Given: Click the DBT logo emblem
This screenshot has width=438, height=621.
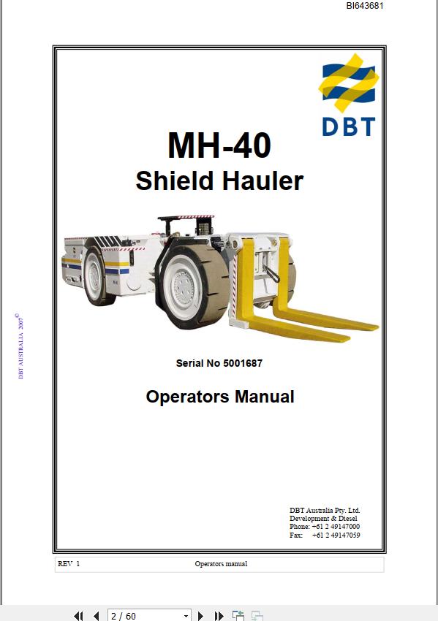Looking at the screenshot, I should click(x=348, y=83).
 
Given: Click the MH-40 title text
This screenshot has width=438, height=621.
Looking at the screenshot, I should click(x=219, y=145).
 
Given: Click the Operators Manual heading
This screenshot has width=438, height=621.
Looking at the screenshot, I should click(x=220, y=397).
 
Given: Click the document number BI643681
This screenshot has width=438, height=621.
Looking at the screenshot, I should click(x=364, y=6).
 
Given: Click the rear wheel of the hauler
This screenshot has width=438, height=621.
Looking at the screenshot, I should click(x=95, y=275).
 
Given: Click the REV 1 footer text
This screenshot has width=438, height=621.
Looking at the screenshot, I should click(x=69, y=564).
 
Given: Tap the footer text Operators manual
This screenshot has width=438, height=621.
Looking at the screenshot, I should click(x=221, y=564).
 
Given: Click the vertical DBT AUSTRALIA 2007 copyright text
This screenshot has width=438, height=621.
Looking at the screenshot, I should click(x=21, y=346).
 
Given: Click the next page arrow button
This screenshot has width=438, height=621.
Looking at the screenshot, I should click(x=200, y=616).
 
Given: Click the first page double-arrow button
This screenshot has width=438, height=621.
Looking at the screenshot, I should click(x=78, y=616).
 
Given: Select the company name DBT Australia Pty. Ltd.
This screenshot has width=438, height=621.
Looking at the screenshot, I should click(x=325, y=511).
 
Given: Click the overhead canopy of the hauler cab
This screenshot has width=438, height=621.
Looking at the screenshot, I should click(x=186, y=217).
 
